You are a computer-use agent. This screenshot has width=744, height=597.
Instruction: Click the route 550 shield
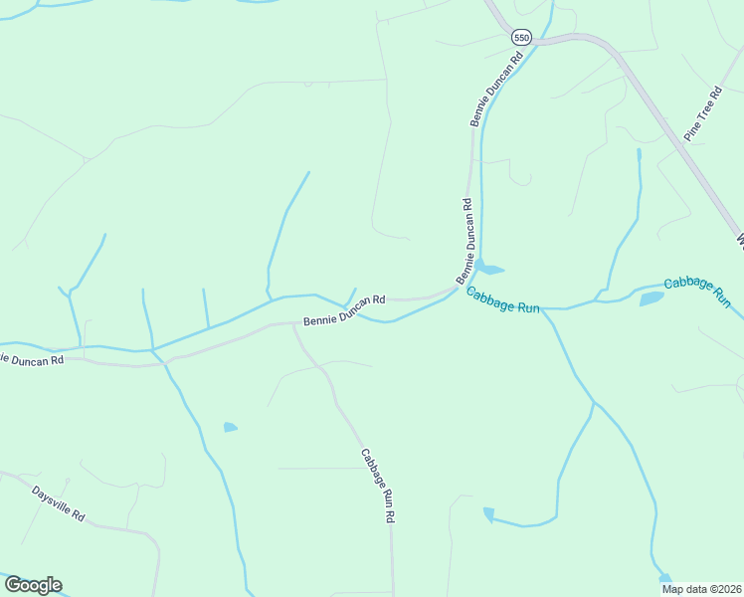tap(522, 38)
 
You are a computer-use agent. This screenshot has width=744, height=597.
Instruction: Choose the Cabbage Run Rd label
tap(378, 485)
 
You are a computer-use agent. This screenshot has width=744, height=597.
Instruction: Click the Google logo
tap(33, 585)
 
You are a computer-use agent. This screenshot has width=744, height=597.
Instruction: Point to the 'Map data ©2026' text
tap(700, 589)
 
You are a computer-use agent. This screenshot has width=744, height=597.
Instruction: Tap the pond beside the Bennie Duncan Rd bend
tap(488, 267)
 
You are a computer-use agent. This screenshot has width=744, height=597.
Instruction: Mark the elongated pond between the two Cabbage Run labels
tap(651, 298)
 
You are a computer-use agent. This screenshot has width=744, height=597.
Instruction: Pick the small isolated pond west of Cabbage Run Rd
tap(231, 428)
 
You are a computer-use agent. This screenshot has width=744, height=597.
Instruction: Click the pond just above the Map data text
tap(664, 578)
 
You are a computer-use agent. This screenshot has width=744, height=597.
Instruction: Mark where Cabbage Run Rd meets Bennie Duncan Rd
tap(291, 324)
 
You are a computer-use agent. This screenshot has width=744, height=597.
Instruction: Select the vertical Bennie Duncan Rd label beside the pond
tap(466, 240)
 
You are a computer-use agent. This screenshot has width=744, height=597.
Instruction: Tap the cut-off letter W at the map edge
tap(740, 240)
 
